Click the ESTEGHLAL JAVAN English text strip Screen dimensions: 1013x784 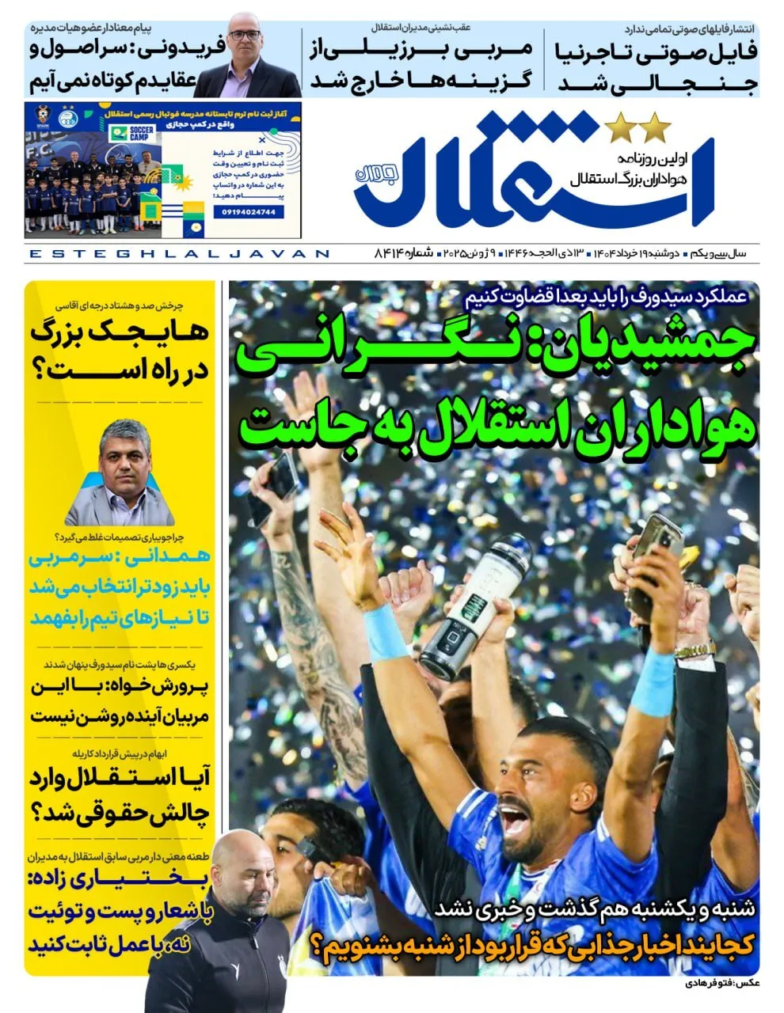(x=179, y=253)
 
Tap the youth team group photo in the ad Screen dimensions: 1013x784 (x=93, y=195)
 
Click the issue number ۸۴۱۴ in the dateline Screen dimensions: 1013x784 (x=389, y=253)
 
